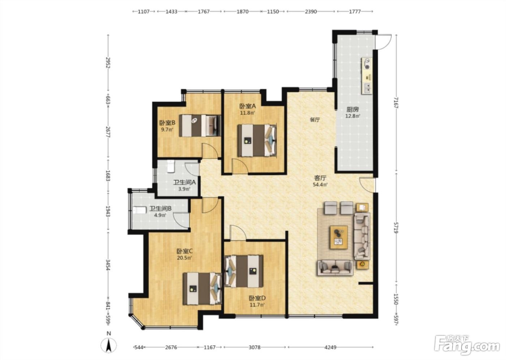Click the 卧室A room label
pyautogui.click(x=247, y=106)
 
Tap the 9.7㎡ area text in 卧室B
pyautogui.click(x=167, y=130)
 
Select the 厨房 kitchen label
pyautogui.click(x=353, y=110)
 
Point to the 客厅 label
pyautogui.click(x=320, y=178)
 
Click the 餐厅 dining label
pyautogui.click(x=315, y=120)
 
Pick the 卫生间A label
pyautogui.click(x=184, y=182)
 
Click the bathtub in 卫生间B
pyautogui.click(x=140, y=210)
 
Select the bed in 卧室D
pyautogui.click(x=244, y=271)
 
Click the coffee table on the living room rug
pyautogui.click(x=339, y=237)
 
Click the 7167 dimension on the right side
pyautogui.click(x=396, y=103)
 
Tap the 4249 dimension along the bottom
pyautogui.click(x=330, y=347)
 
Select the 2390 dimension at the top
pyautogui.click(x=311, y=12)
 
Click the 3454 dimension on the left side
pyautogui.click(x=108, y=265)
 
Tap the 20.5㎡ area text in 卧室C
pyautogui.click(x=184, y=258)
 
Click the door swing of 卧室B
pyautogui.click(x=210, y=150)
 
